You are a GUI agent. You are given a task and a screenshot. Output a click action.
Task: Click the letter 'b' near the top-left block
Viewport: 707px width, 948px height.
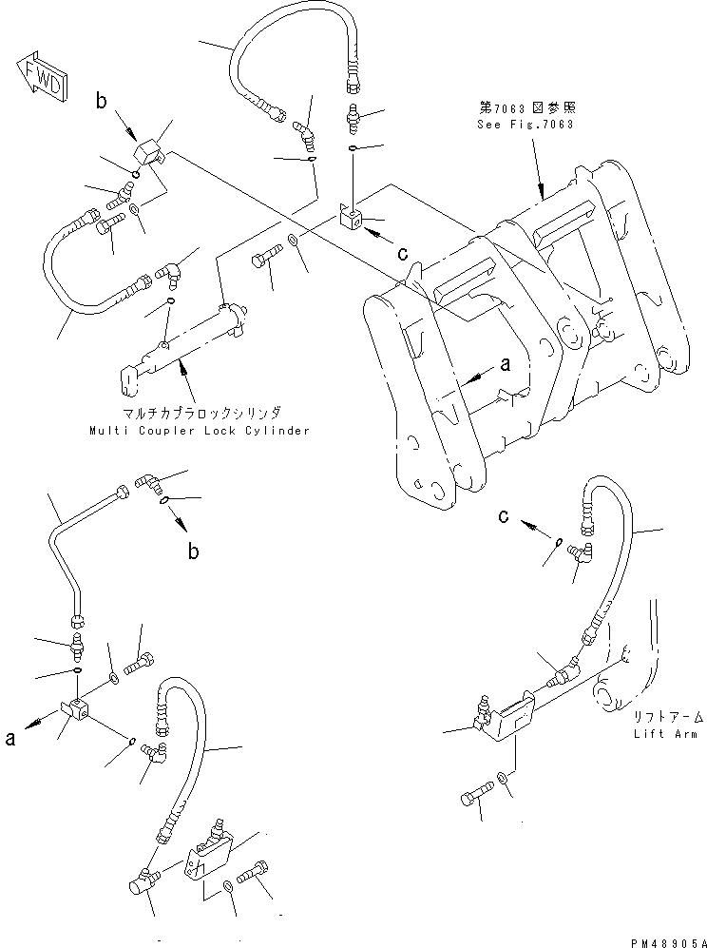tap(101, 100)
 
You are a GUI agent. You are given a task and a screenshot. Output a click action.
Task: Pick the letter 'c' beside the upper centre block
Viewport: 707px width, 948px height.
tap(403, 254)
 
